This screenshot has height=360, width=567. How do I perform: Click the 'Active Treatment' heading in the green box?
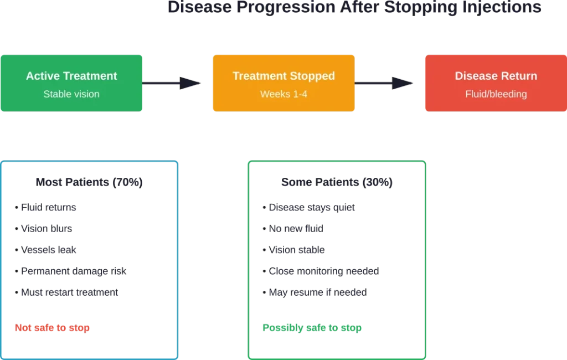pos(71,76)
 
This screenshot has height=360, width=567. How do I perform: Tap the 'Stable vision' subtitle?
pos(71,94)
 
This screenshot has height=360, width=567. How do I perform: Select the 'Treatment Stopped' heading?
pos(283,76)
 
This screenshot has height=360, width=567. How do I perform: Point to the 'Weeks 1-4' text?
pos(283,94)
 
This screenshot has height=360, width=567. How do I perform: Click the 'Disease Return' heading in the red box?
pos(496,76)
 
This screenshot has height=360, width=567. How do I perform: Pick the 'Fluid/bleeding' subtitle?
pos(496,94)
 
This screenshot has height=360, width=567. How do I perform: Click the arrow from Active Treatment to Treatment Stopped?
pos(173,83)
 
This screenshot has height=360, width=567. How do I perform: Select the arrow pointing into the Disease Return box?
pos(385,83)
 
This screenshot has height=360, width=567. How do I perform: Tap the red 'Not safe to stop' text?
pos(53,327)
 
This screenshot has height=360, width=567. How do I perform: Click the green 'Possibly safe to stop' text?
pos(312,327)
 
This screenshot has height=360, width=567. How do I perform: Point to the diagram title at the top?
pos(354,7)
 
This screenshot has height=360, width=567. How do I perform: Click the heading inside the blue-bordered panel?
pos(90,182)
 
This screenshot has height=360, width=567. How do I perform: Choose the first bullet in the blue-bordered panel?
pos(47,208)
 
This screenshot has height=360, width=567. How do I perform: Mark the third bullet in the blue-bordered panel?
pos(47,250)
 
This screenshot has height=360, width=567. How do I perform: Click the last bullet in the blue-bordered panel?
pos(66,292)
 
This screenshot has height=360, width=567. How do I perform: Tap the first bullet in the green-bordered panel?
pos(310,208)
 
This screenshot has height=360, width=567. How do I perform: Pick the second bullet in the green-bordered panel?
pos(293,229)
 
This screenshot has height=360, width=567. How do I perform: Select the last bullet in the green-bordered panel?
pos(315,292)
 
